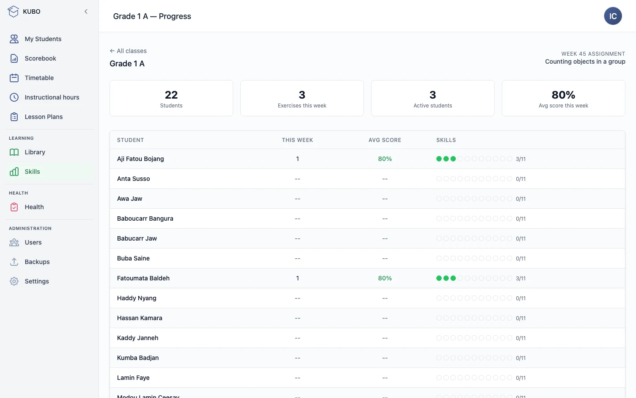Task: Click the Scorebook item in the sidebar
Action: point(40,58)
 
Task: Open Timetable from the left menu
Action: point(39,78)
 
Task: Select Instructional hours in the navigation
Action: point(52,97)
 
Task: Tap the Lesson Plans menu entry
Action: point(43,117)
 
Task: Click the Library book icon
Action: point(14,152)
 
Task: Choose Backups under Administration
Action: point(37,261)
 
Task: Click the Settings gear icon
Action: point(14,281)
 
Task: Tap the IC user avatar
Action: point(613,16)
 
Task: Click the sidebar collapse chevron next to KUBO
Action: point(86,11)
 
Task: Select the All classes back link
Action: point(128,51)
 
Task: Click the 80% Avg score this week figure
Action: point(563,95)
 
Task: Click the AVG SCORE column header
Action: point(385,140)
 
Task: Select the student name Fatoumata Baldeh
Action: point(143,278)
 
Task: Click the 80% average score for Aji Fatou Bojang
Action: point(385,159)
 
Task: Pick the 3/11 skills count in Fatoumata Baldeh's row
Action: point(520,278)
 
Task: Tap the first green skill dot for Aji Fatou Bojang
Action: point(439,159)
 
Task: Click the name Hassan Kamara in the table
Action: point(140,318)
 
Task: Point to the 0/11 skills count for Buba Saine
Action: point(520,258)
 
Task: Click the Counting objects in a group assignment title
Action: point(585,61)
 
